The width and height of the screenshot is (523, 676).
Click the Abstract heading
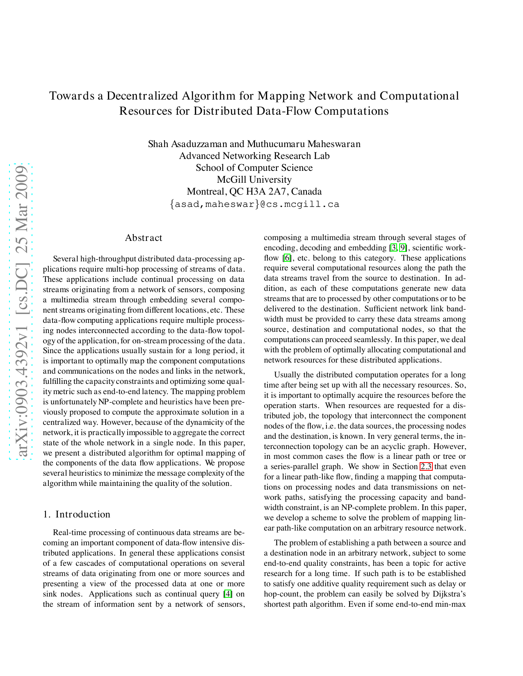click(x=144, y=238)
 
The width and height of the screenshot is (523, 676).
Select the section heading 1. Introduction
click(x=77, y=515)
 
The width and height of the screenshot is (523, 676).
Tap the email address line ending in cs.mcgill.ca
click(x=254, y=204)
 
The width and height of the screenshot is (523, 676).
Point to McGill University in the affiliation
click(x=254, y=180)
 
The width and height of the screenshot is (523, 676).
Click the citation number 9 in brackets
click(x=403, y=248)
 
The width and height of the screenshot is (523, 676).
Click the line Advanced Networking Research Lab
click(x=254, y=156)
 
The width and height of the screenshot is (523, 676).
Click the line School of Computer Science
click(x=254, y=168)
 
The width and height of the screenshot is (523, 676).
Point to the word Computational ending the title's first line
click(x=419, y=96)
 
